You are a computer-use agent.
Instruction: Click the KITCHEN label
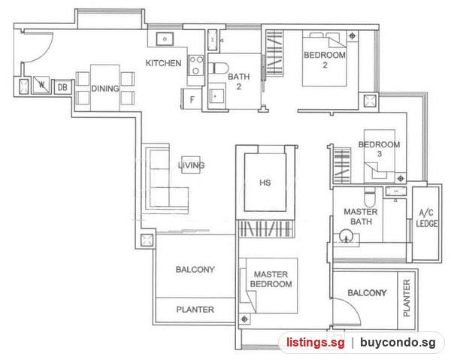click(x=163, y=63)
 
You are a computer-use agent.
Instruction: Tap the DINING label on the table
click(x=105, y=89)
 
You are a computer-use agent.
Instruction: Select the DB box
click(x=62, y=87)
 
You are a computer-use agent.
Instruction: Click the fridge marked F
click(x=192, y=98)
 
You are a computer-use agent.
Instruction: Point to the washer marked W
click(x=41, y=84)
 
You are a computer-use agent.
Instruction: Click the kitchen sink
click(x=165, y=39)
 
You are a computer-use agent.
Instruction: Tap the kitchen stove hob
click(x=195, y=65)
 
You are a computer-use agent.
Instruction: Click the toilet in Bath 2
click(x=218, y=68)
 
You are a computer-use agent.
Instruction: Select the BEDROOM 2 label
click(x=325, y=60)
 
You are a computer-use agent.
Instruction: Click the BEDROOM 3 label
click(x=379, y=149)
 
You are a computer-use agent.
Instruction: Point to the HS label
click(x=265, y=183)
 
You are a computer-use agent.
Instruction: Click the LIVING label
click(x=191, y=165)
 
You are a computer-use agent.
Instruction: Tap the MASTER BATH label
click(x=361, y=216)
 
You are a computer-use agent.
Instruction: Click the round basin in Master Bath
click(x=346, y=236)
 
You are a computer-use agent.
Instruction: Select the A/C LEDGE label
click(x=427, y=218)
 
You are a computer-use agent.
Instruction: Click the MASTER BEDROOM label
click(x=271, y=279)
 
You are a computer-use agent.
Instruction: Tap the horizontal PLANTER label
click(x=195, y=310)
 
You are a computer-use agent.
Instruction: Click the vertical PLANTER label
click(x=407, y=298)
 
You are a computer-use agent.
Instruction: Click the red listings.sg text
click(x=315, y=343)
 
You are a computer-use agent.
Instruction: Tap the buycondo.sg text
click(x=398, y=343)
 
